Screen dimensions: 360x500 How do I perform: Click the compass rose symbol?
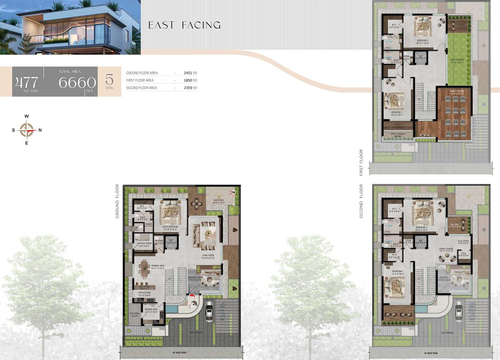(x=27, y=130)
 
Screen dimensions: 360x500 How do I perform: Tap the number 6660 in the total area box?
(x=77, y=83)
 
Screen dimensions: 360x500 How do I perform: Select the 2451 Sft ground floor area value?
(x=190, y=73)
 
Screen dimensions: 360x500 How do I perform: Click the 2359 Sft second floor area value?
(x=190, y=88)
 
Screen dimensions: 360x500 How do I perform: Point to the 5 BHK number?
(x=109, y=79)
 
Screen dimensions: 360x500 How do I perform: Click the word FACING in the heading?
(x=201, y=25)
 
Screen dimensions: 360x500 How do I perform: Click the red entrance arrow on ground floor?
(x=192, y=295)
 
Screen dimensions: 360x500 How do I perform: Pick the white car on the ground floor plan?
(x=209, y=311)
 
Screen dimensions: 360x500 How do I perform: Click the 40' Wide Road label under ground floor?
(x=179, y=352)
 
